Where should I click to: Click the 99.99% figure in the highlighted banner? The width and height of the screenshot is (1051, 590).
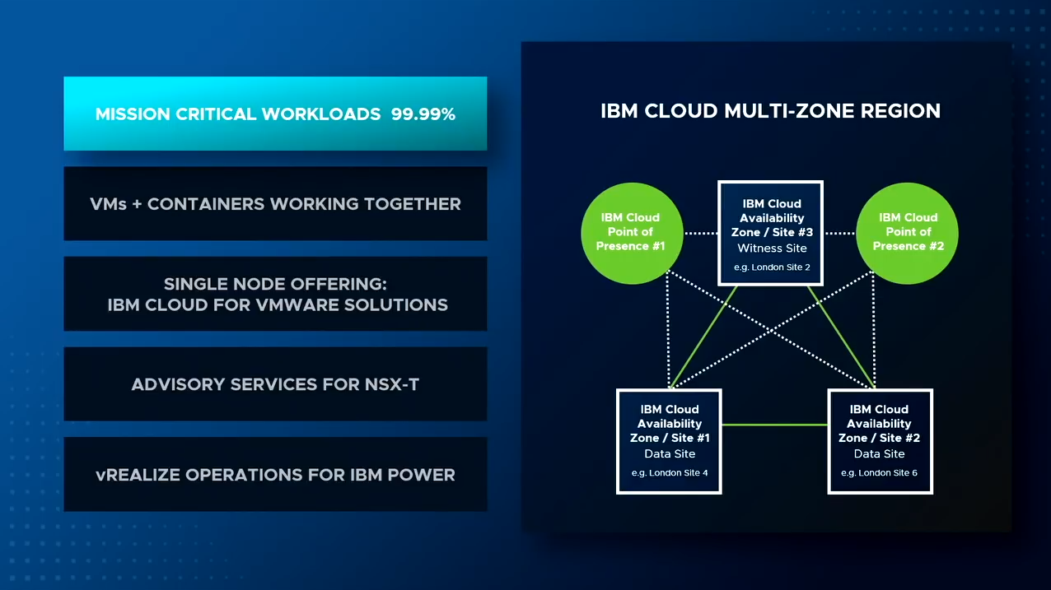tap(423, 114)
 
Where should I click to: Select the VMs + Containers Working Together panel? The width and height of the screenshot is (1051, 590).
tap(275, 203)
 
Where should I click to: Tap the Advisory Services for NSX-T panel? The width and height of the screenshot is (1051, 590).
tap(275, 383)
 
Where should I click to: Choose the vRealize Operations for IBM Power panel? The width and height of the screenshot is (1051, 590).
tap(275, 474)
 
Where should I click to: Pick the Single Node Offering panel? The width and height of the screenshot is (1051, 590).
tap(275, 294)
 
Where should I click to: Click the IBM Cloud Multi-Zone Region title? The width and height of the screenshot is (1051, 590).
tap(770, 111)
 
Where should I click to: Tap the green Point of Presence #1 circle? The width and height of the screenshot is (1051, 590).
tap(632, 233)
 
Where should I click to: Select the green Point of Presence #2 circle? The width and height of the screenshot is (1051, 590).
tap(908, 233)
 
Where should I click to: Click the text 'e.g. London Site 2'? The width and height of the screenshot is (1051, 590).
tap(772, 267)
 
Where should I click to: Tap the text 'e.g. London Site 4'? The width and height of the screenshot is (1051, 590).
tap(670, 473)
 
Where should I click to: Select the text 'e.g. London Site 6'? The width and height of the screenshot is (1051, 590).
tap(879, 473)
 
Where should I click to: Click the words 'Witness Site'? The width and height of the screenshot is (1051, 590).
tap(772, 248)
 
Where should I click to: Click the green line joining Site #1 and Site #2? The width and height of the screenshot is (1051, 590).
tap(774, 425)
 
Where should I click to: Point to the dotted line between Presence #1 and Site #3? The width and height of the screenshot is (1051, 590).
tap(700, 233)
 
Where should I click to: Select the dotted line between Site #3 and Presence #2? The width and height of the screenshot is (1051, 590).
tap(840, 233)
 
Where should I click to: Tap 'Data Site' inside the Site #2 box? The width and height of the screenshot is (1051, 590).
tap(879, 453)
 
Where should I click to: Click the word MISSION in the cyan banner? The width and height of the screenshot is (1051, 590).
tap(133, 114)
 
